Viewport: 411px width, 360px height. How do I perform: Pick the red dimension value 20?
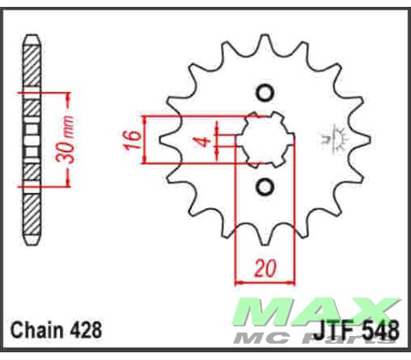pos(264,269)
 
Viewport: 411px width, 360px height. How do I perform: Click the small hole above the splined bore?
pos(264,93)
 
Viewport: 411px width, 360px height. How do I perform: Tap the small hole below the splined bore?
pos(264,186)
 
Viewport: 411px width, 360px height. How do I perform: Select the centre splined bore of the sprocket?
pos(264,140)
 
